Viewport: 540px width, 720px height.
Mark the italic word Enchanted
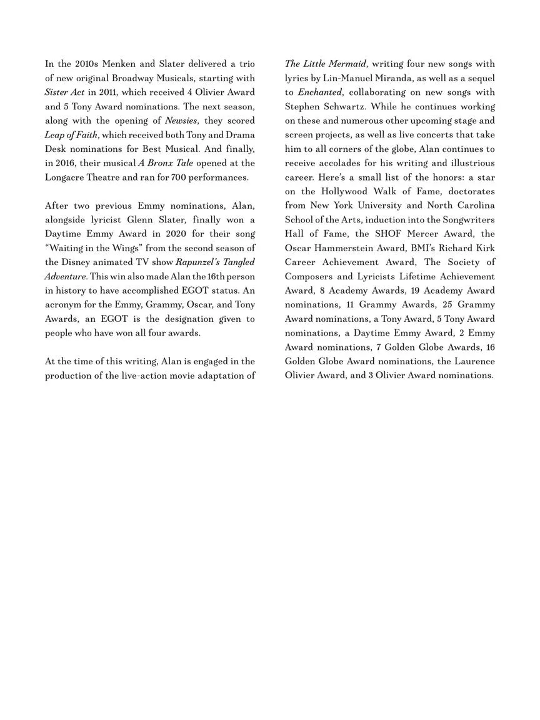click(x=320, y=92)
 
